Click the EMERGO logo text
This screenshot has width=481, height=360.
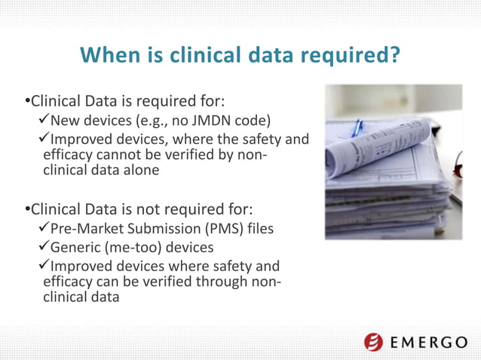tap(428, 343)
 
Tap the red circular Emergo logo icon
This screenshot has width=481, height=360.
tap(374, 343)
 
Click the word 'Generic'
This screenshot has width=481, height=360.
tap(79, 247)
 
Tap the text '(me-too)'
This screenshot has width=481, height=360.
tap(133, 247)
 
